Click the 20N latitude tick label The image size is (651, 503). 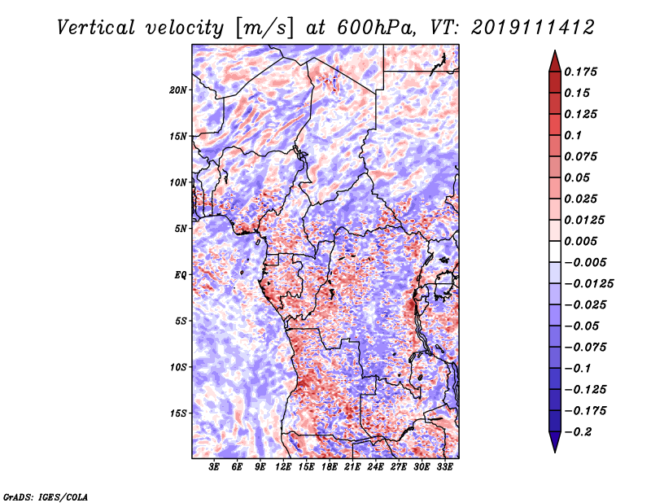(177, 90)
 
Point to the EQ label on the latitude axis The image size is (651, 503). (181, 275)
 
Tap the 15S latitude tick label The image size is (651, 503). (178, 413)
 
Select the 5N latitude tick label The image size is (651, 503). (181, 229)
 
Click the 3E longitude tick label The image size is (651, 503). (214, 467)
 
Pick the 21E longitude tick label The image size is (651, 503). (352, 467)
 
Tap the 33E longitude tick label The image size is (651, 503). (444, 467)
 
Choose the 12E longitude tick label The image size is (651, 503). (282, 467)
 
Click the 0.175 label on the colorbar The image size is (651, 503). (580, 72)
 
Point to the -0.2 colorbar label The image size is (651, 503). (579, 432)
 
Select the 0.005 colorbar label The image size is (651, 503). (580, 241)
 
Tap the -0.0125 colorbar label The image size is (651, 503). (589, 284)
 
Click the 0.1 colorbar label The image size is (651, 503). (573, 135)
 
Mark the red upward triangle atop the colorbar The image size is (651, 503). (555, 61)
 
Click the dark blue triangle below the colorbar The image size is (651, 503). (555, 442)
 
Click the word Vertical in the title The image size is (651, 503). (96, 28)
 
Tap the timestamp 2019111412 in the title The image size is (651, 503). (533, 28)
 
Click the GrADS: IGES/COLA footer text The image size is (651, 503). (46, 497)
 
